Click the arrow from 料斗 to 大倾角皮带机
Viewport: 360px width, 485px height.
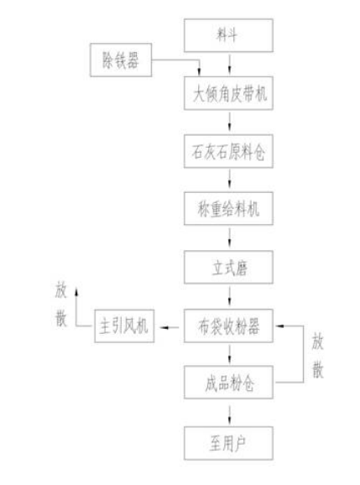coord(229,65)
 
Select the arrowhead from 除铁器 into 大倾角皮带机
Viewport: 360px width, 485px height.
coord(199,71)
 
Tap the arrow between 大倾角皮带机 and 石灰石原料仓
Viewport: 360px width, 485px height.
coord(229,122)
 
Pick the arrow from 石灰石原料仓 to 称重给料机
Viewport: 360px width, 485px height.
coord(229,180)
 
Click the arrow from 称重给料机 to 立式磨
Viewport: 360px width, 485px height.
coord(229,237)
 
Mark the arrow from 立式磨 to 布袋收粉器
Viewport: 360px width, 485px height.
coord(229,296)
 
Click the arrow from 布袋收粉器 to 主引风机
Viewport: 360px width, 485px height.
coord(169,327)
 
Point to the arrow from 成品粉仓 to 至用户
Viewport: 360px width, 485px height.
coord(229,415)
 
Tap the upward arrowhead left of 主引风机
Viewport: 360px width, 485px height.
coord(76,292)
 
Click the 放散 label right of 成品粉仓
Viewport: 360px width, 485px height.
coord(318,355)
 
